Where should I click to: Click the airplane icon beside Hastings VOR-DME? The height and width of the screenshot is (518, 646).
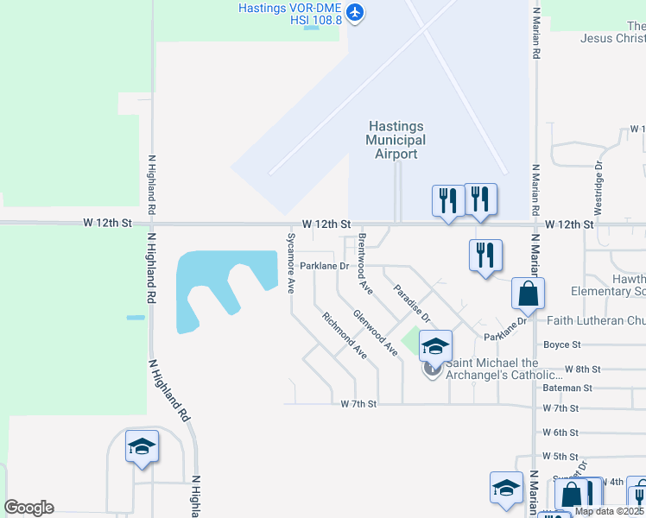pyautogui.click(x=356, y=12)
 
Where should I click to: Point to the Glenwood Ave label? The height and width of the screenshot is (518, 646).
pyautogui.click(x=375, y=332)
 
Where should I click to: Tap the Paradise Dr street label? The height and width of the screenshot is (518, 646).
pyautogui.click(x=411, y=303)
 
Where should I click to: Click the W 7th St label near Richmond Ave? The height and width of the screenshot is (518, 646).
pyautogui.click(x=359, y=403)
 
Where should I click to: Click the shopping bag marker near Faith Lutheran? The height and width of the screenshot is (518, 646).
pyautogui.click(x=528, y=294)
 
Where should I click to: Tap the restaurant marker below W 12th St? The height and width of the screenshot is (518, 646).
pyautogui.click(x=486, y=256)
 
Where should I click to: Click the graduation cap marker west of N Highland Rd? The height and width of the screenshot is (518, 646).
pyautogui.click(x=142, y=445)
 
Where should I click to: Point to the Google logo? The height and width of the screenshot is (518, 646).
pyautogui.click(x=28, y=508)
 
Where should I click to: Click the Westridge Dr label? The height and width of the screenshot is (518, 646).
pyautogui.click(x=598, y=189)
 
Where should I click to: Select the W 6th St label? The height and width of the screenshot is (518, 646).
pyautogui.click(x=560, y=433)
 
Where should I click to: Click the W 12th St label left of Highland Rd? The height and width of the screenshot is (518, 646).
pyautogui.click(x=107, y=223)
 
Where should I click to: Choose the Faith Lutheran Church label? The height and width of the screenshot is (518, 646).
pyautogui.click(x=596, y=320)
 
